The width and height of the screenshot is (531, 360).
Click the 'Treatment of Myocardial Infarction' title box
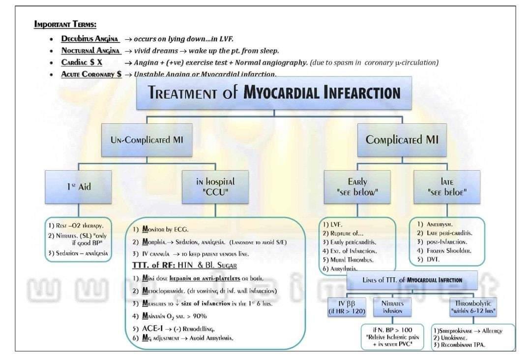tap(274, 93)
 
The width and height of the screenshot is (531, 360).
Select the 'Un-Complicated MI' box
tap(147, 139)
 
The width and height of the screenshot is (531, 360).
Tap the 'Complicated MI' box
tap(402, 139)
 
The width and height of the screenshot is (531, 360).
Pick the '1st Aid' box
tap(78, 187)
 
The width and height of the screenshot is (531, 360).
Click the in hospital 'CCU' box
tap(215, 187)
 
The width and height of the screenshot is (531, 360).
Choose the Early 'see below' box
tap(357, 187)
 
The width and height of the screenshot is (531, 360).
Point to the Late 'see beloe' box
tap(447, 187)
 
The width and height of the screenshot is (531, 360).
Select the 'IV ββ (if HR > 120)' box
tap(348, 307)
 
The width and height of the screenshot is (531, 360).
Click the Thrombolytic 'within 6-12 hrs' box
tap(472, 307)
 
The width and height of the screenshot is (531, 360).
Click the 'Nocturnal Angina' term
tap(91, 51)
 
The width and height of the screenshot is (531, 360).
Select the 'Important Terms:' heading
tap(65, 25)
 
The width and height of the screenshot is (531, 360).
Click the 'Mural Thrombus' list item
tap(351, 260)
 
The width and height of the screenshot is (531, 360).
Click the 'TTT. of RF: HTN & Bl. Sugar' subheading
tap(185, 266)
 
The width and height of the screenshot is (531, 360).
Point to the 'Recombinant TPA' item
tap(461, 345)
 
